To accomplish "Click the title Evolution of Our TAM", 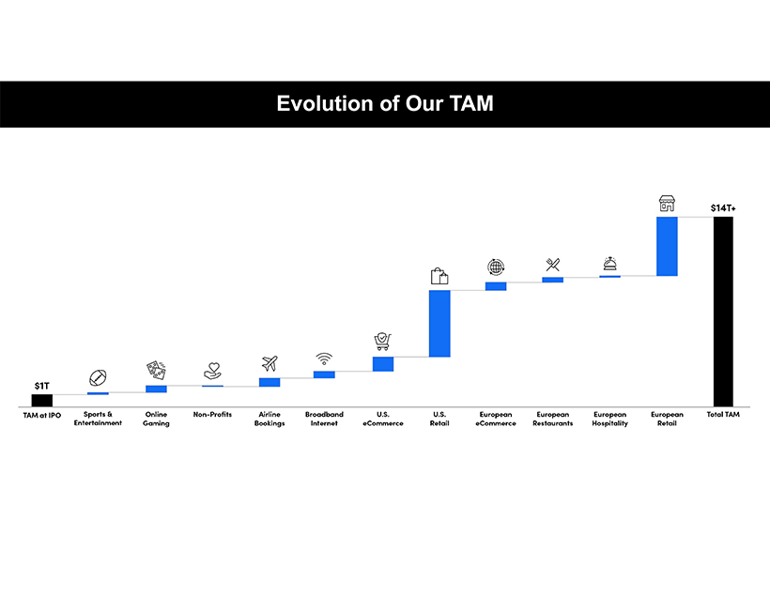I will coord(384,103).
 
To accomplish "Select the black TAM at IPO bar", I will coord(42,401).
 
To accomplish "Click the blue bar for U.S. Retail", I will coord(439,323).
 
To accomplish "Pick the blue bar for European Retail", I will coord(667,246).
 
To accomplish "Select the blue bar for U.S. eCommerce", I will coord(383,363).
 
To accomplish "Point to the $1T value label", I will coord(42,386).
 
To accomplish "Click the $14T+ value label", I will coord(723,206).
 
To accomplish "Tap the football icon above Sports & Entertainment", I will coord(98,377).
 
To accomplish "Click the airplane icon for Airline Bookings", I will coord(269,363).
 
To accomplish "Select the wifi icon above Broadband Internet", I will coord(324,359).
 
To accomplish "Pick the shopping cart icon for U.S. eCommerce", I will coord(382,342).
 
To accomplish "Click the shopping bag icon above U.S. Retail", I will coord(439,276).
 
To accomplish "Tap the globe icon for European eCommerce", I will coord(496,267).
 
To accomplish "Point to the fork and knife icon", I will coord(552,265).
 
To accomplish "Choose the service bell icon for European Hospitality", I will coord(609,264).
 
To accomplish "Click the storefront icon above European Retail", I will coord(667,204).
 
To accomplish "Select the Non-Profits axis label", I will coord(212,415).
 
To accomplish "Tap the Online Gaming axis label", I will coord(156,419).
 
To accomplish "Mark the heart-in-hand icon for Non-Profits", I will coord(212,372).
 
